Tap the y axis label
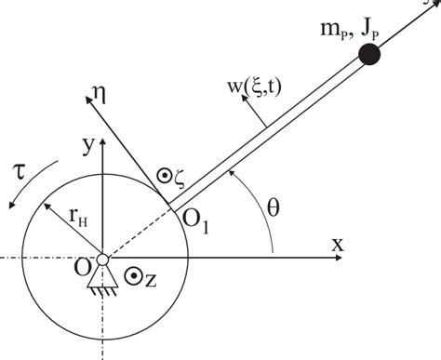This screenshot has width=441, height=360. point(87,145)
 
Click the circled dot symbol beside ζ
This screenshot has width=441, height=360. point(150,174)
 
